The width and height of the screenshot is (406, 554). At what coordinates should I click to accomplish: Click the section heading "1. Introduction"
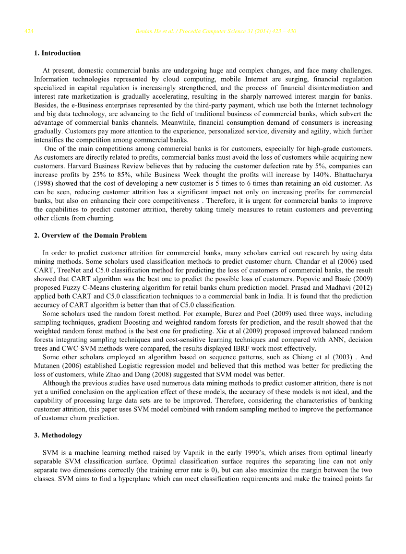(x=57, y=53)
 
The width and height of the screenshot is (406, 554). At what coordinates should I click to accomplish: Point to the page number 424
(x=29, y=32)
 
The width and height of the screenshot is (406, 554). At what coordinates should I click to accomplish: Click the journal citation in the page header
(x=215, y=32)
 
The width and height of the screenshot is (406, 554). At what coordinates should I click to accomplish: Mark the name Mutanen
(x=47, y=366)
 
